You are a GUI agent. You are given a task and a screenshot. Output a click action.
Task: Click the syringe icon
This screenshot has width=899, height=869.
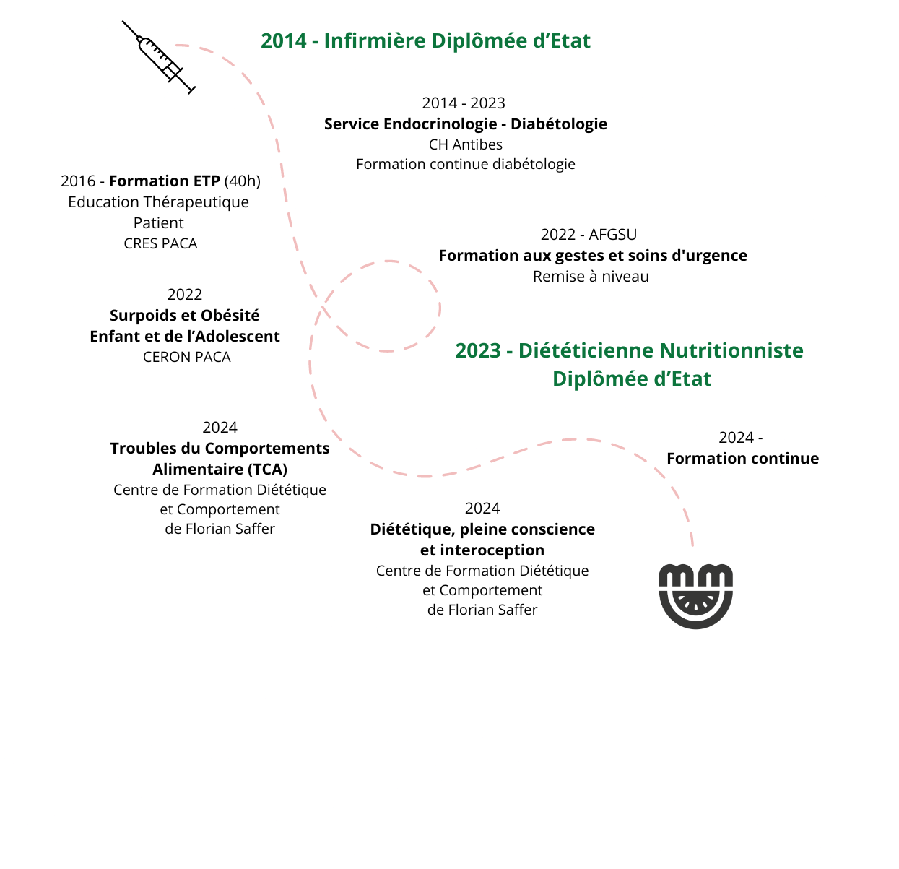coord(158,57)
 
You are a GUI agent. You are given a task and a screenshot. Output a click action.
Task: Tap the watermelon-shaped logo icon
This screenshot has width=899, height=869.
coord(695,596)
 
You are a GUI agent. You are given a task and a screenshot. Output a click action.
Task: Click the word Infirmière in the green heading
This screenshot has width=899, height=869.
coord(375,40)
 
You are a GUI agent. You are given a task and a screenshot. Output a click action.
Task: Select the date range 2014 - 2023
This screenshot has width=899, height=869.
coord(464,103)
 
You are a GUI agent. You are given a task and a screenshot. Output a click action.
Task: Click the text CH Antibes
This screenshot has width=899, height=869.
coord(465,144)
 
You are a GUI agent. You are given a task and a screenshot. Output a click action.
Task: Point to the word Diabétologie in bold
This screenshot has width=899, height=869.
coord(558,124)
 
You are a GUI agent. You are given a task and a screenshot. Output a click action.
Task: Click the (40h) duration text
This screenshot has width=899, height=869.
coord(242,181)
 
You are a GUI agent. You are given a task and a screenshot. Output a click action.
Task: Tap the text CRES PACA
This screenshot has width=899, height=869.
coord(160,243)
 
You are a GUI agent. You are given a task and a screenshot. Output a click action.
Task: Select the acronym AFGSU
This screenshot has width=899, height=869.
coord(612,235)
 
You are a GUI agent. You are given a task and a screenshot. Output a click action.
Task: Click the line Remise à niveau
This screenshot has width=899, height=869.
coord(591,277)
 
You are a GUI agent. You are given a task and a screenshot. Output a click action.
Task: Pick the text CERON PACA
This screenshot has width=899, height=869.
coord(186,357)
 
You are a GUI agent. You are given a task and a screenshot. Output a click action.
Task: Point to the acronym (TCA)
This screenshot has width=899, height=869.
coord(267,469)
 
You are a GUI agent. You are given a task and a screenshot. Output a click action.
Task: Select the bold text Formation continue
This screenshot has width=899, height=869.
coord(742,459)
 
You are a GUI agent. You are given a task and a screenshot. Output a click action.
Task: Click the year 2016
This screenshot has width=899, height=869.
coord(78,181)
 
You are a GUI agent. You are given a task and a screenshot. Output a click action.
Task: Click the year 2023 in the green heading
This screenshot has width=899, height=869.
coord(478,350)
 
